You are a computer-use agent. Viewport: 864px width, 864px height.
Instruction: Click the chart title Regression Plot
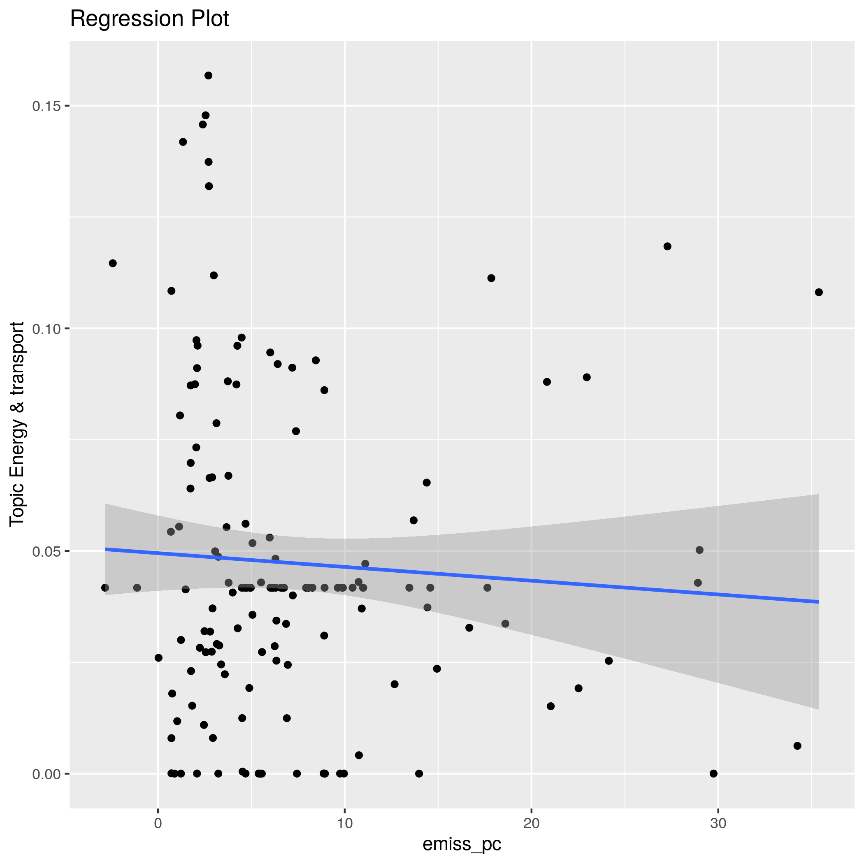coord(149,19)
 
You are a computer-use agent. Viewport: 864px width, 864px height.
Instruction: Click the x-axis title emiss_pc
coord(462,843)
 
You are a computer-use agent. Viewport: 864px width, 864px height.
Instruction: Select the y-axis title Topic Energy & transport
coord(17,423)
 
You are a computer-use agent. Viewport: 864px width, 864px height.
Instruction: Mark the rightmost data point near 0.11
coord(819,293)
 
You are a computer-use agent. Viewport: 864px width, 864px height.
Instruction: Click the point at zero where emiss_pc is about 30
coord(714,773)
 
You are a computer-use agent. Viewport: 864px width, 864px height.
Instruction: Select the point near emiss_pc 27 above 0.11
coord(668,246)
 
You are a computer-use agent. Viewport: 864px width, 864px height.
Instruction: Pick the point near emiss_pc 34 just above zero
coord(797,746)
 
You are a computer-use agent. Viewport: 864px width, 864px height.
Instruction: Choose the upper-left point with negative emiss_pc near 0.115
coord(113,263)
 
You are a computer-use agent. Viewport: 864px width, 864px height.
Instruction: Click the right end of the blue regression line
coord(818,602)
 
